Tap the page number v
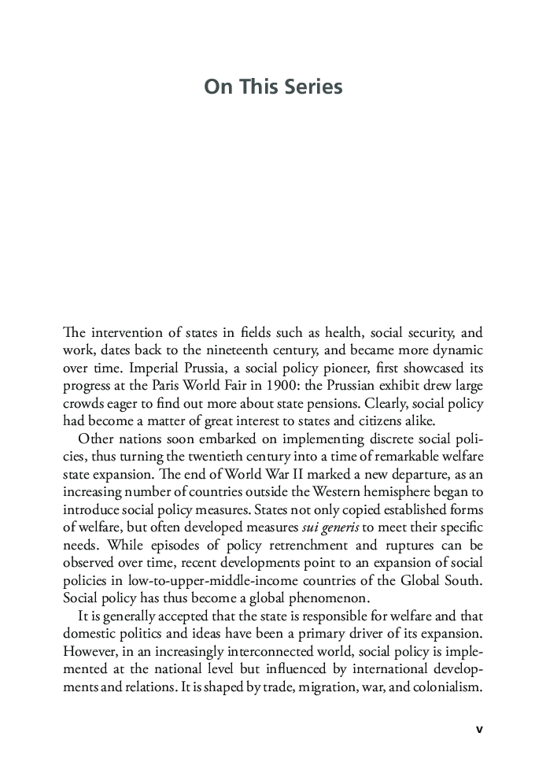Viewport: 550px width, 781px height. [x=479, y=729]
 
